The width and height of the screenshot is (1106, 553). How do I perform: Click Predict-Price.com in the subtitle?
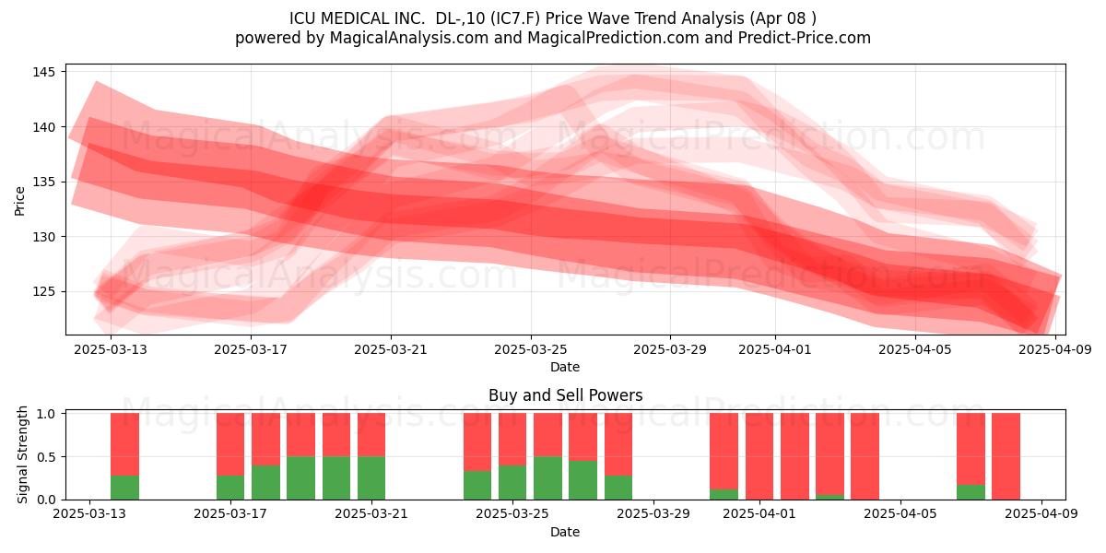click(804, 38)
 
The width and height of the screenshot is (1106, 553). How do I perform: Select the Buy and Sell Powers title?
click(565, 395)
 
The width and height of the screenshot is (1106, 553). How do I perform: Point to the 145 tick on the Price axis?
click(42, 72)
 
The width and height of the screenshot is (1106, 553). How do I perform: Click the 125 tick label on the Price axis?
click(42, 292)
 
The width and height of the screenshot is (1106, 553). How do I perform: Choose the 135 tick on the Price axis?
click(42, 182)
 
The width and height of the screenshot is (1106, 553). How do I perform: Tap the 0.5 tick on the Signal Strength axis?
click(46, 457)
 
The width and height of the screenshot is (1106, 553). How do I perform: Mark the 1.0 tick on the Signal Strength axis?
click(46, 414)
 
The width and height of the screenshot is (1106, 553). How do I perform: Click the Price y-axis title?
click(19, 201)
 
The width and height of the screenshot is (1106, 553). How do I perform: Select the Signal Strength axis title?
click(22, 454)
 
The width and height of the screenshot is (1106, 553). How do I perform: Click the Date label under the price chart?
click(565, 367)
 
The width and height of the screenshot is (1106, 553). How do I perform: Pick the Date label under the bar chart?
click(565, 532)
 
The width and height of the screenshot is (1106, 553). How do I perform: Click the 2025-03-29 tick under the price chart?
click(669, 349)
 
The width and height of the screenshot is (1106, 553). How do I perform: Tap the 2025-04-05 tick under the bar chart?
click(900, 513)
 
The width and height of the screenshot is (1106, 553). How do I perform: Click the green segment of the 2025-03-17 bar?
click(230, 488)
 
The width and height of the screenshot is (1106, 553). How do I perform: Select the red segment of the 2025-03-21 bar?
click(371, 434)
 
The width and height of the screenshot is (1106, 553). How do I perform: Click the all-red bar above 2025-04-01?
click(759, 456)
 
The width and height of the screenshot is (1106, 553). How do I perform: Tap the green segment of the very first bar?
click(125, 488)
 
